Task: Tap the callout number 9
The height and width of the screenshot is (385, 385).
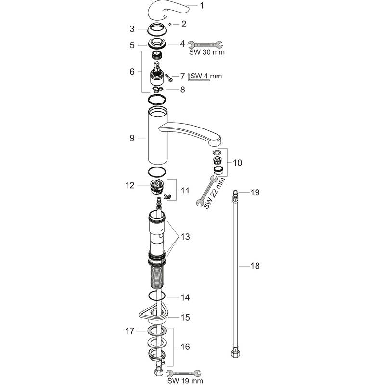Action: coord(132,138)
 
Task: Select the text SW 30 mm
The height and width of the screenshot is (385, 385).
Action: coord(207,52)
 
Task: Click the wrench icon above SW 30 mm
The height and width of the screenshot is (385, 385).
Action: coord(205,44)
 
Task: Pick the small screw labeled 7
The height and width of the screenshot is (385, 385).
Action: coord(169,77)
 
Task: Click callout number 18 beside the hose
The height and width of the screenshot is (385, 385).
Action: coord(255,266)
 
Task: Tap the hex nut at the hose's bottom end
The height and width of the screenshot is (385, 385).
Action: coord(235,354)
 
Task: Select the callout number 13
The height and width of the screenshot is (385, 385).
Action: coord(185,237)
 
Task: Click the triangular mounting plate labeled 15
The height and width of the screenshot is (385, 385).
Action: coord(154,313)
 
